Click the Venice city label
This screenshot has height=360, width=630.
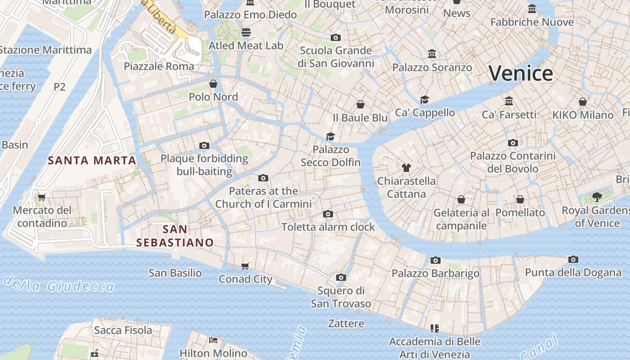tap(521, 73)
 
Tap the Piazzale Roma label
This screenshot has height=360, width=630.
tap(159, 66)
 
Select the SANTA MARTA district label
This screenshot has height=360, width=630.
tap(92, 160)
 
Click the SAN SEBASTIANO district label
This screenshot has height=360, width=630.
tap(175, 236)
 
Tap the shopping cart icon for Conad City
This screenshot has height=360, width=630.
tap(245, 266)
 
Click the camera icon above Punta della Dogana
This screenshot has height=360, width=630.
tap(573, 259)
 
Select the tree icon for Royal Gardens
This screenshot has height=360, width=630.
tap(597, 197)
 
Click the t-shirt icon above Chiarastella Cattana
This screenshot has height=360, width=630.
tap(406, 168)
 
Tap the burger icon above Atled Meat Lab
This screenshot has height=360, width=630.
tap(246, 32)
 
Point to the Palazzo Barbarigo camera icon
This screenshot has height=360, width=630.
tap(435, 260)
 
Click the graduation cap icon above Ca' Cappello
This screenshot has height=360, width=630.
tap(424, 99)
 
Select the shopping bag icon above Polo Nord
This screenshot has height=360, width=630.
tap(213, 84)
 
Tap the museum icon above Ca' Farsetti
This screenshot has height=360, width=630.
tap(509, 101)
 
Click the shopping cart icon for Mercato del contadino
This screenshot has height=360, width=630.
tap(42, 197)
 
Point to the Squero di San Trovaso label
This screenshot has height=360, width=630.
tap(341, 297)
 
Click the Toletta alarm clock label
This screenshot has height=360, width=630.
tap(328, 227)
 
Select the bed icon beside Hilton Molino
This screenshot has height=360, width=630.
tap(213, 340)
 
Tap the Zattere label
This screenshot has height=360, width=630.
tap(346, 323)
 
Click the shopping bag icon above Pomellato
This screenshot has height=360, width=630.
tap(520, 199)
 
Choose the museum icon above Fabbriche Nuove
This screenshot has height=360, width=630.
tap(532, 9)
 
